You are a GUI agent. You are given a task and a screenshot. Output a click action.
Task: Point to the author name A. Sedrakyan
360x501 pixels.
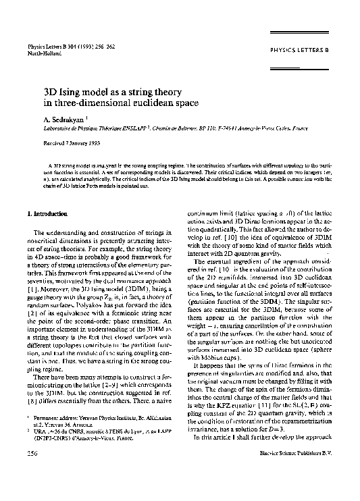point(64,120)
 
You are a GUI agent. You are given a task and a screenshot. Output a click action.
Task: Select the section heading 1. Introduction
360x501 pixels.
point(47,213)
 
